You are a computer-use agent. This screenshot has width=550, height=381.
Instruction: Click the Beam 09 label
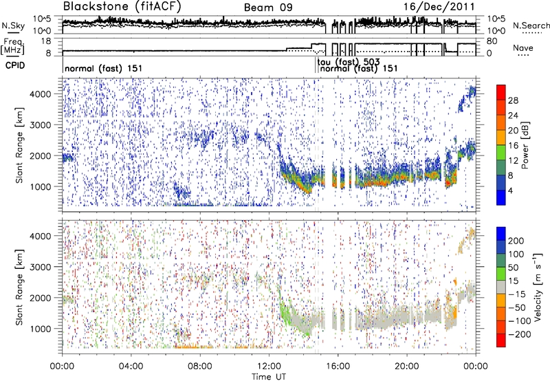269,8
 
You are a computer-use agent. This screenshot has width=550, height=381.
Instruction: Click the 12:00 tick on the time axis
269,365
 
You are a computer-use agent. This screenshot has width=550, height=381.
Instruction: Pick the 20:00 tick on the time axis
407,365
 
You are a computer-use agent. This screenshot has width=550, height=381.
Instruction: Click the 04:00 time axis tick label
131,365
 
